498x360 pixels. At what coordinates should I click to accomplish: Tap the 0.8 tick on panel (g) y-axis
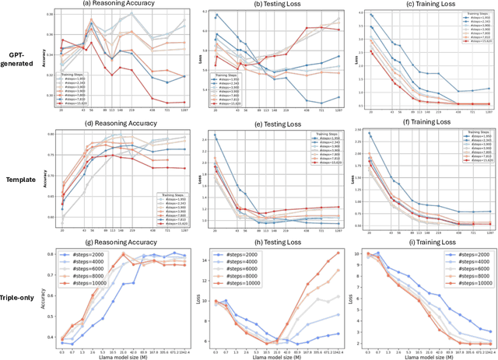[51, 254]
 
